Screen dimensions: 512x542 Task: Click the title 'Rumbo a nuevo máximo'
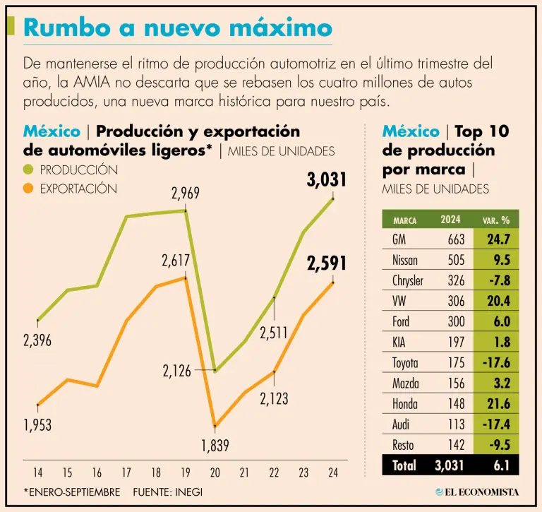tap(177, 28)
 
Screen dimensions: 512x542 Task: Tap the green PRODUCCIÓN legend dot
tap(28, 170)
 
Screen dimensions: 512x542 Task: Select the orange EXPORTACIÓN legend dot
tap(28, 189)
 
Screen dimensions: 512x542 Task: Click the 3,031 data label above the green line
tap(327, 180)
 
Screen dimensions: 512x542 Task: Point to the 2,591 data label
tap(327, 264)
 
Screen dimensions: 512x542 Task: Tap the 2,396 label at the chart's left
tap(37, 340)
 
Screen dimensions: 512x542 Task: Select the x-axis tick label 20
tap(215, 471)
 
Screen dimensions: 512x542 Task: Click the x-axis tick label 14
tap(37, 471)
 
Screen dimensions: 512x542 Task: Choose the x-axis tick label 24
tap(332, 471)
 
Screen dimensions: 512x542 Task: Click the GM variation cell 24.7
tap(498, 239)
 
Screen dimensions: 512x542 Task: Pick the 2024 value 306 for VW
tap(456, 302)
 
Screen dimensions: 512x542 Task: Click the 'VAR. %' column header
tap(496, 220)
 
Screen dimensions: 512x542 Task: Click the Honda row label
tap(405, 404)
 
